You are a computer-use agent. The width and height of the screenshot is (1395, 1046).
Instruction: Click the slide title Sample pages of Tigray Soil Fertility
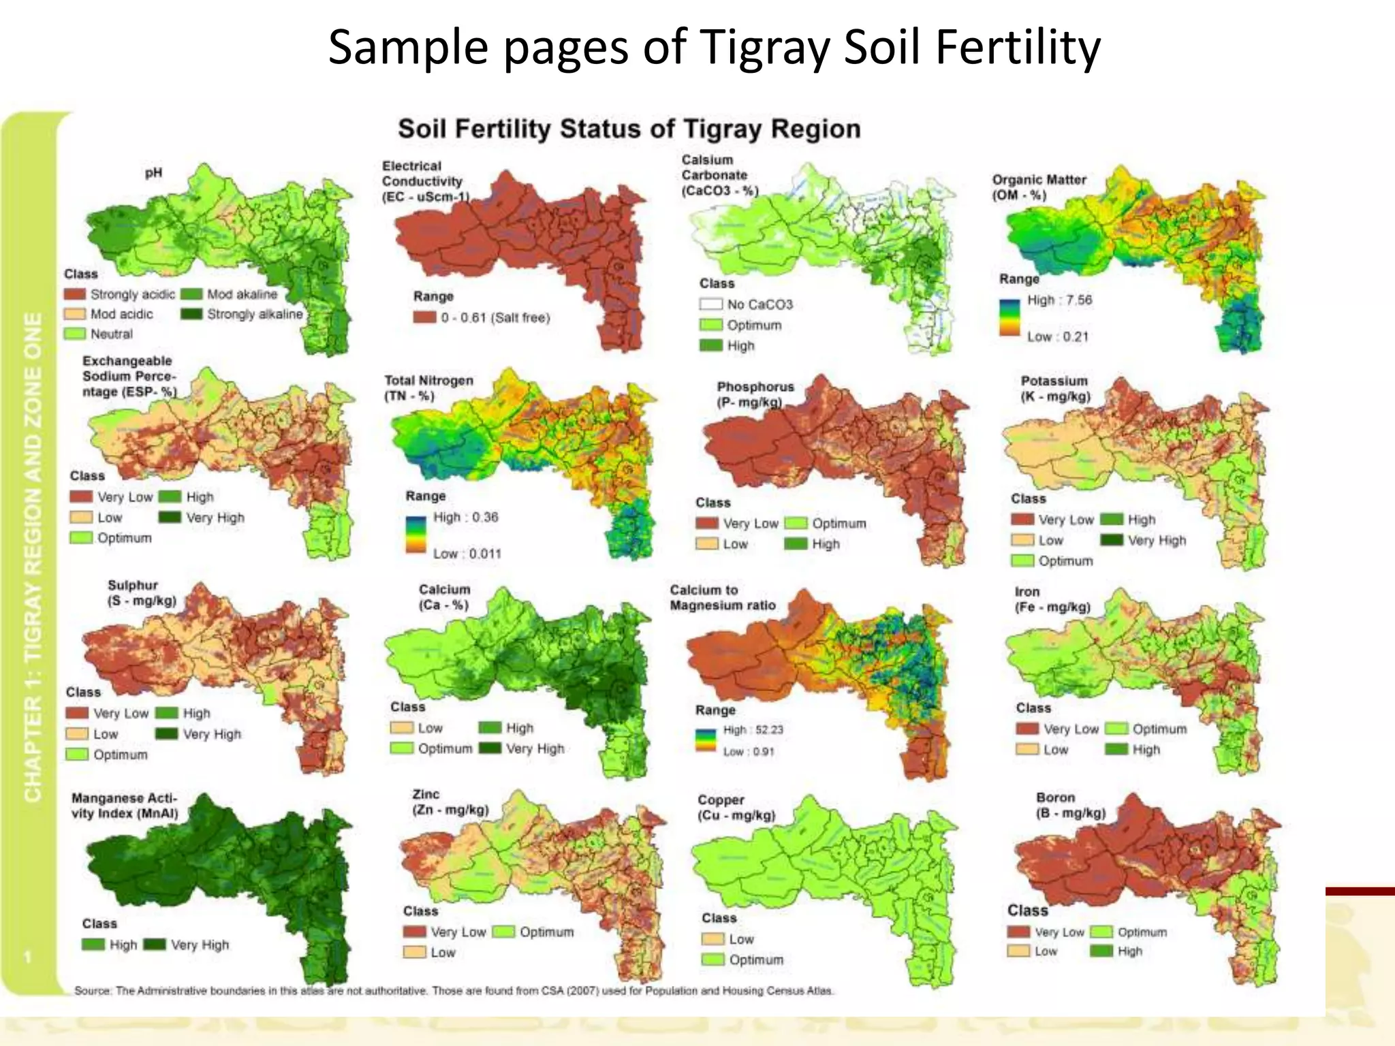[x=713, y=48]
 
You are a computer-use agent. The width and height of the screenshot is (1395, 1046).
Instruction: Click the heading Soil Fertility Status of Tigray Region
[x=629, y=129]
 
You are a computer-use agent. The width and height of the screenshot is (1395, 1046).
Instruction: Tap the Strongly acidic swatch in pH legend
[x=75, y=294]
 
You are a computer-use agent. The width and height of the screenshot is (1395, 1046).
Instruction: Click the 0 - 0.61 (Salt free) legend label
[x=495, y=317]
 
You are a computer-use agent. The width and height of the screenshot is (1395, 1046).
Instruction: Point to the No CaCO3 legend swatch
[x=710, y=304]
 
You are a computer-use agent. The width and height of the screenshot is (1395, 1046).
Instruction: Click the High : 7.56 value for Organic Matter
[x=1059, y=300]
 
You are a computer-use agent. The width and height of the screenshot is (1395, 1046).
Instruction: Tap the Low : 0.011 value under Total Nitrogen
[x=467, y=554]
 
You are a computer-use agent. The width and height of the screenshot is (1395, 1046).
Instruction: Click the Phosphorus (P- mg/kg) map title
[x=755, y=394]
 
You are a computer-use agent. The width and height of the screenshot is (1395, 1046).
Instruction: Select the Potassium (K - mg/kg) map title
[x=1054, y=388]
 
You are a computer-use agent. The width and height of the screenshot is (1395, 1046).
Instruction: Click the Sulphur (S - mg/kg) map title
[x=141, y=592]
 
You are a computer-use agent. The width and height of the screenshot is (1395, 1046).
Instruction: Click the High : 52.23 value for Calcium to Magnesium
[x=753, y=730]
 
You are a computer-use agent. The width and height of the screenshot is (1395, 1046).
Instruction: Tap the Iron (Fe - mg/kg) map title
[x=1052, y=599]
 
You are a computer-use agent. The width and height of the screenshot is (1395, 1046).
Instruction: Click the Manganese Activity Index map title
[x=124, y=806]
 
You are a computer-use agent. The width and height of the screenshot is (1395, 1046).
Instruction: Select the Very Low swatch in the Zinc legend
[x=414, y=932]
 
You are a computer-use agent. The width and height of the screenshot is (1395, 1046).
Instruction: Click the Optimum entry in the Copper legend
[x=755, y=960]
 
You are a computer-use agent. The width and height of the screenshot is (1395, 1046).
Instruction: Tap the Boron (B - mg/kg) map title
[x=1070, y=805]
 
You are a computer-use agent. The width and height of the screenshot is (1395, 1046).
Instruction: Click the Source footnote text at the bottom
[x=453, y=991]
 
